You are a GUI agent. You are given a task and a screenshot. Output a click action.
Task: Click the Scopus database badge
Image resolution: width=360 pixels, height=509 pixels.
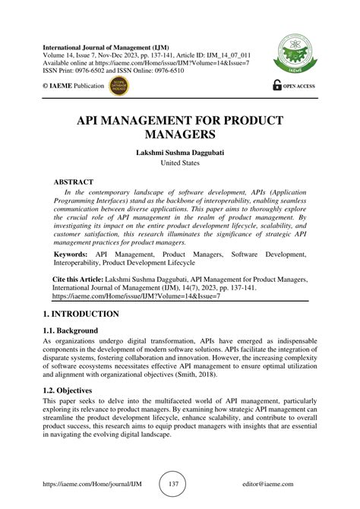[119, 86]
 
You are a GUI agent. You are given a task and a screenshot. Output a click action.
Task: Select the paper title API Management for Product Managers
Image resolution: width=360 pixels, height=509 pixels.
[179, 128]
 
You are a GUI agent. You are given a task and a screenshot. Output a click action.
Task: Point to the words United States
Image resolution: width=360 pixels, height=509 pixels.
[179, 163]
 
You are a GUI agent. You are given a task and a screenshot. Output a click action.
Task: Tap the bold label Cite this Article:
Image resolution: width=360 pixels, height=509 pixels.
[84, 280]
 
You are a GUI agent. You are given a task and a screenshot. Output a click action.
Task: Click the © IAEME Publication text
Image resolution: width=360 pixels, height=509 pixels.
[73, 86]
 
